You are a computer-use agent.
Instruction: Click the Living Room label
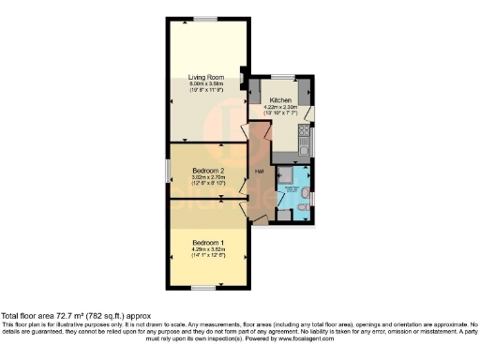(x=205, y=78)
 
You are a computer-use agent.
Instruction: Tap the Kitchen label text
(x=281, y=99)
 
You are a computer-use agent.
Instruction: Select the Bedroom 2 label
(x=197, y=171)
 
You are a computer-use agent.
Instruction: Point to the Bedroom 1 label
(x=207, y=243)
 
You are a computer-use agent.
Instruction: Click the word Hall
(x=258, y=171)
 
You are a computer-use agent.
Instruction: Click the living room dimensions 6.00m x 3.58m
(x=205, y=85)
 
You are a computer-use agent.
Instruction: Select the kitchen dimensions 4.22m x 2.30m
(x=281, y=107)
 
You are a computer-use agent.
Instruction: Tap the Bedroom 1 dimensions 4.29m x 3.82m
(x=207, y=249)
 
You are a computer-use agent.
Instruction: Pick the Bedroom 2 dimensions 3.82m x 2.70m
(x=197, y=178)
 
